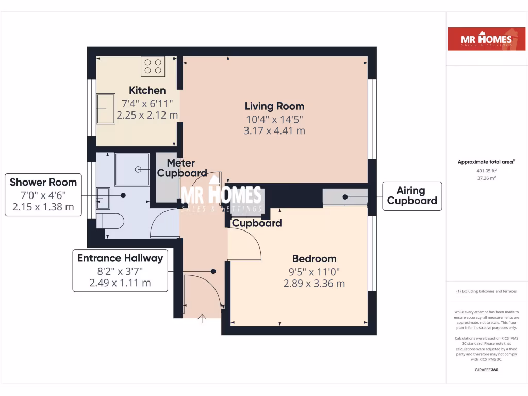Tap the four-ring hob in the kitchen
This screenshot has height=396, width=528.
tap(153, 66)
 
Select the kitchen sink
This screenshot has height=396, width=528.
tap(106, 109)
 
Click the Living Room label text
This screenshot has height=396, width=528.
tap(274, 106)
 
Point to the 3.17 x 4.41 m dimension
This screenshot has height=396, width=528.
tap(274, 131)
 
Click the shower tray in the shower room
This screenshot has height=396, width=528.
tap(132, 169)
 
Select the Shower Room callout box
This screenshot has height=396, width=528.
tap(43, 194)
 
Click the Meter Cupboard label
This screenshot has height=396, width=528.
tap(182, 169)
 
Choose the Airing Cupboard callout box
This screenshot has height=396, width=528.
tap(411, 196)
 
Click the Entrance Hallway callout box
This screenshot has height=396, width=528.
tap(120, 270)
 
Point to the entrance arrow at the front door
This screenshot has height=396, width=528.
tap(202, 318)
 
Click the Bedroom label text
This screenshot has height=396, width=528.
tap(314, 259)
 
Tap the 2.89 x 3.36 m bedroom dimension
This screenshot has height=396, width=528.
tap(314, 284)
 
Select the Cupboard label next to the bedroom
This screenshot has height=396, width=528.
tap(256, 223)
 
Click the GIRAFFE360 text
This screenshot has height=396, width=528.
tap(486, 370)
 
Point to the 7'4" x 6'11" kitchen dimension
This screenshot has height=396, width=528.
tap(147, 103)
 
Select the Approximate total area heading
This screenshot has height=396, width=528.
tap(486, 162)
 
